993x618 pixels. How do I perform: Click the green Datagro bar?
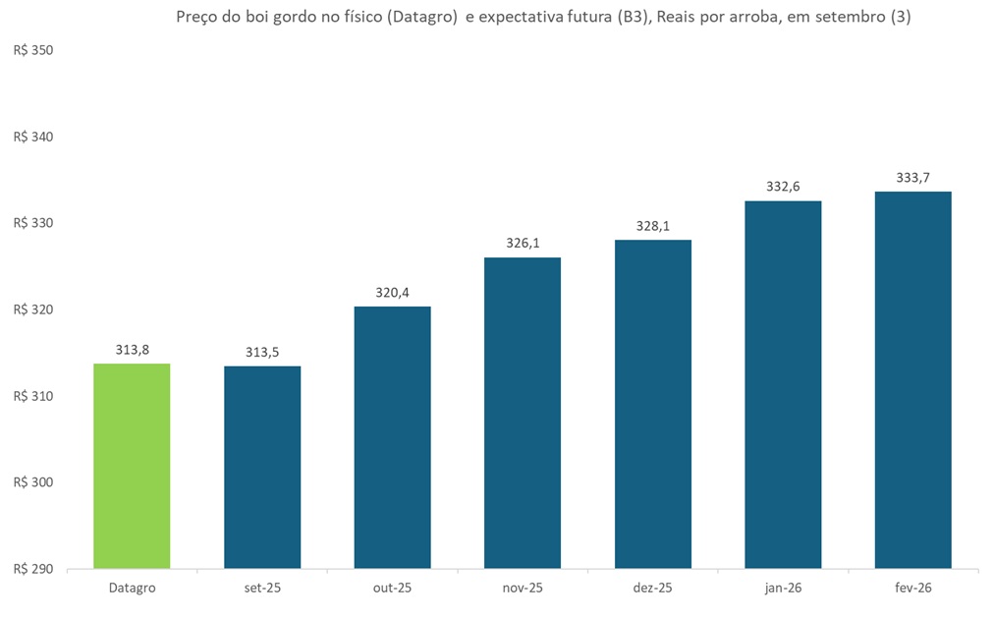(132, 466)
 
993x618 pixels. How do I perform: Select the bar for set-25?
(262, 467)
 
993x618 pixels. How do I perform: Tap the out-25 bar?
(392, 437)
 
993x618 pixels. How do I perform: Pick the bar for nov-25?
(523, 413)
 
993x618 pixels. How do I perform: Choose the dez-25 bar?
(653, 404)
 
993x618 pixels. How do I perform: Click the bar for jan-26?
(783, 384)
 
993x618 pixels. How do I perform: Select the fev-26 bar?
(913, 379)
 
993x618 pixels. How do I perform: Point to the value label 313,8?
(132, 350)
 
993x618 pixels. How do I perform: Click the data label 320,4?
(392, 292)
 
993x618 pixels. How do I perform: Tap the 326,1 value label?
(523, 243)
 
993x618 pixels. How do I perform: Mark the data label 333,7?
(913, 177)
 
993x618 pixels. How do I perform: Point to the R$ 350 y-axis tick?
(33, 50)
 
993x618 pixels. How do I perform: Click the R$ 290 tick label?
(33, 569)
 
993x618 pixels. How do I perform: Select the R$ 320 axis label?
(33, 309)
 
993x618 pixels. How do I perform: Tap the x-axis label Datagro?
(132, 588)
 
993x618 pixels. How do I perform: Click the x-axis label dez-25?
(653, 588)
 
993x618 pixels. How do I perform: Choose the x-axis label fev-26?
(913, 588)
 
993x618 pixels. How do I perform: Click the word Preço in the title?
(197, 17)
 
